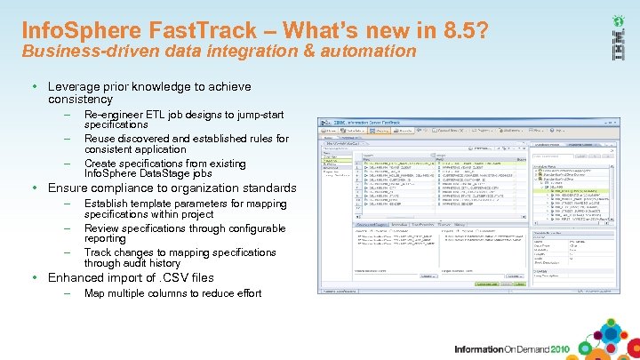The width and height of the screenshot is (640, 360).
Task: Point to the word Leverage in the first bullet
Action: tap(74, 87)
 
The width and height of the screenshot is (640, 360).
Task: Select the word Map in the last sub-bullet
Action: tap(94, 293)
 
